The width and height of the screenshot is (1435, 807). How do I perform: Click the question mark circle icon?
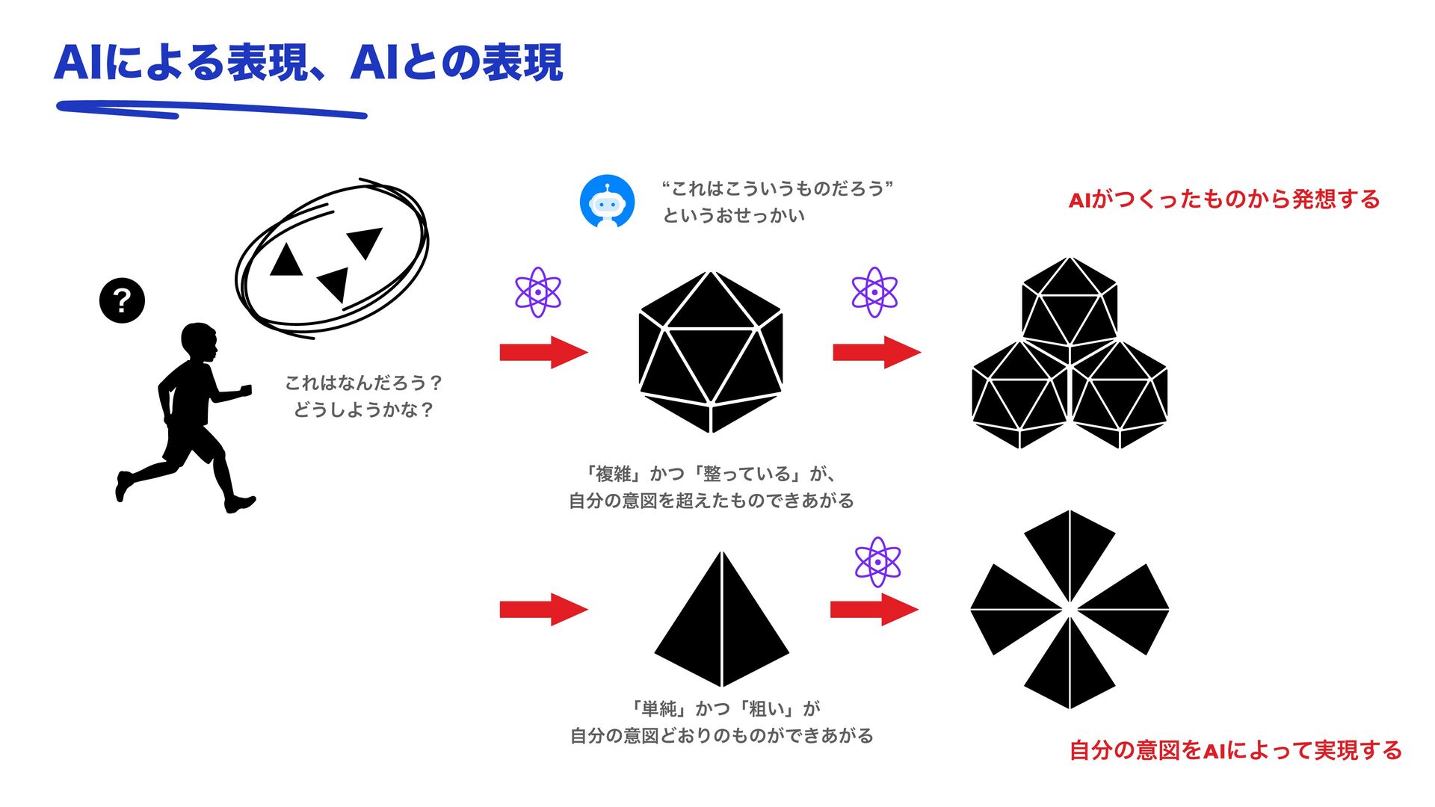[x=122, y=301]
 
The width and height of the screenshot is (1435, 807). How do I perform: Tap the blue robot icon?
[x=608, y=202]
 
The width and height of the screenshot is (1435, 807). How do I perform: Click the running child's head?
[x=199, y=342]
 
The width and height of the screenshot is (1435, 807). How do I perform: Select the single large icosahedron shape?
[x=711, y=352]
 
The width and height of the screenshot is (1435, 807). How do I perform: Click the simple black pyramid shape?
[x=722, y=619]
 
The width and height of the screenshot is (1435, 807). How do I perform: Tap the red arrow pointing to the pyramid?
[x=543, y=609]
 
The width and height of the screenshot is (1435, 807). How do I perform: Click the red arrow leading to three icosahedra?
[x=877, y=352]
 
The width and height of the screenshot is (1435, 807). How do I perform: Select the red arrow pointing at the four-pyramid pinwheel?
[x=874, y=609]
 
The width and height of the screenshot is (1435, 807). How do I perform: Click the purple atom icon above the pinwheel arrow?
[x=877, y=562]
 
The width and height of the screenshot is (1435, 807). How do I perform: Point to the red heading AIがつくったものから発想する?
[x=1224, y=200]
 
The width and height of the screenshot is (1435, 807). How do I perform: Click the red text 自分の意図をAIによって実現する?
[x=1235, y=750]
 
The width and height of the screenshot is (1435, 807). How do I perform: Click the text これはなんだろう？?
[x=364, y=383]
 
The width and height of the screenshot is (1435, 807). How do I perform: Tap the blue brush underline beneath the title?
[x=212, y=110]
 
